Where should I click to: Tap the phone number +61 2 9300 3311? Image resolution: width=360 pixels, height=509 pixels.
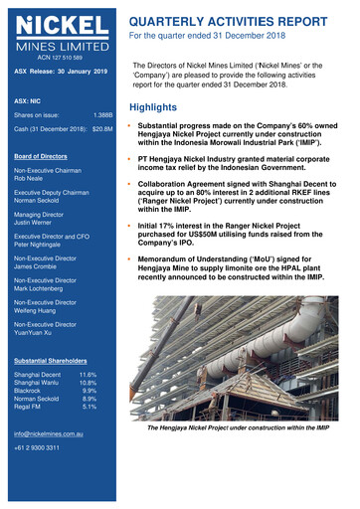coord(36,449)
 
